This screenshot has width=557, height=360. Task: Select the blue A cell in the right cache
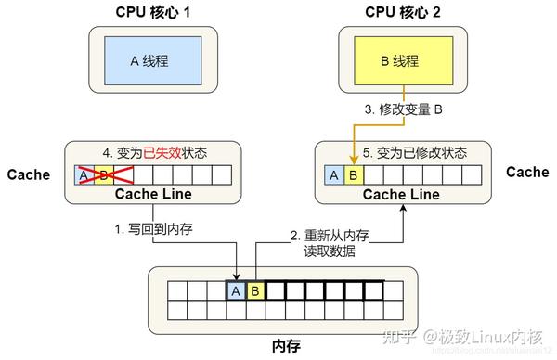click(333, 174)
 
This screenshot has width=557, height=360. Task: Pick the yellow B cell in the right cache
click(353, 174)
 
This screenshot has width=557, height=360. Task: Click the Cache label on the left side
click(28, 174)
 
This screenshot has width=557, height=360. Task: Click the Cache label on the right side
click(528, 172)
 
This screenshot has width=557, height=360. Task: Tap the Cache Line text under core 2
click(401, 195)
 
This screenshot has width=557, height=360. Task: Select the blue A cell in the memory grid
click(236, 291)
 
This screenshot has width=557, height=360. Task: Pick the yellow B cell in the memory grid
click(256, 291)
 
